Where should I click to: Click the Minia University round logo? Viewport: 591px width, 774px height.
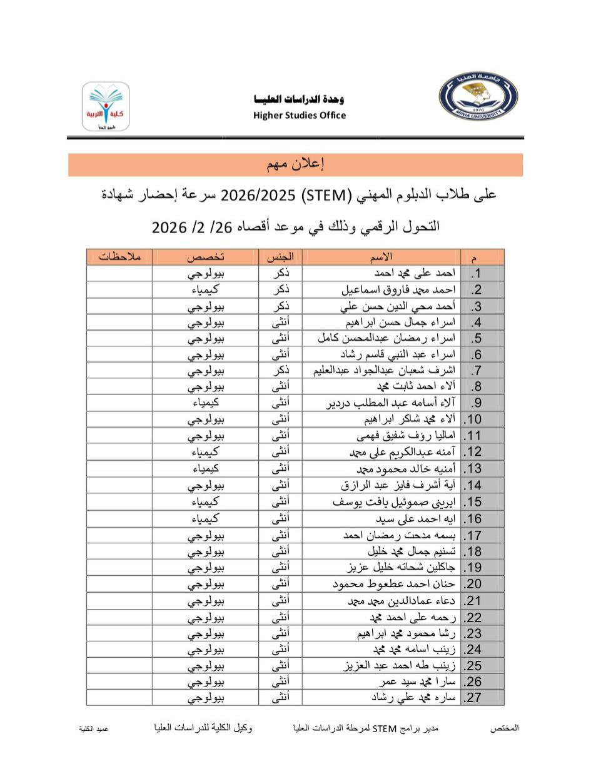click(x=478, y=96)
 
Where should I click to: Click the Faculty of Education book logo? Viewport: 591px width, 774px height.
click(x=106, y=106)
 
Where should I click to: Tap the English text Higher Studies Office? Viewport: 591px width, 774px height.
click(x=300, y=115)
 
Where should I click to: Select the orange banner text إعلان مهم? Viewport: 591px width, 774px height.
click(x=295, y=164)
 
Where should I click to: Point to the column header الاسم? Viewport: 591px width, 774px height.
click(x=382, y=256)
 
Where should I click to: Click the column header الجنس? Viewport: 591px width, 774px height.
click(x=280, y=256)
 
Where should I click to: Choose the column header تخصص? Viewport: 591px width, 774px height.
click(x=206, y=256)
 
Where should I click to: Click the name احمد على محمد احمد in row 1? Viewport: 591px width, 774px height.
click(x=416, y=273)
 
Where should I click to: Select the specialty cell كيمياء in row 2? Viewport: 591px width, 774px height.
click(x=206, y=289)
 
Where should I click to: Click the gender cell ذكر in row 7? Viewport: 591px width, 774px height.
click(x=280, y=370)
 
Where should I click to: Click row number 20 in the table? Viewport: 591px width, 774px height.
click(x=473, y=585)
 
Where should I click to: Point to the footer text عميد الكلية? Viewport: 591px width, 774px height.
click(x=94, y=729)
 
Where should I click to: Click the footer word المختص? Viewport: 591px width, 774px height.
click(x=505, y=728)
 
